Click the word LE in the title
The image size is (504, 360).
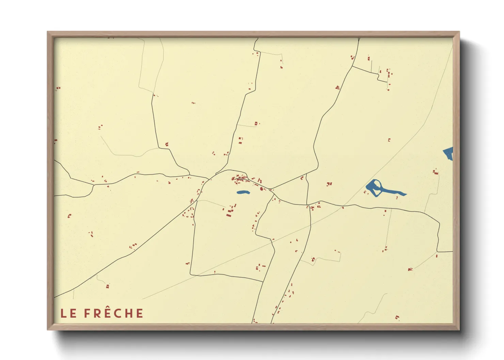(68, 313)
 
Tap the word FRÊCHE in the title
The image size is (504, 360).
(114, 313)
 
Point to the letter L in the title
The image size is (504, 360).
(63, 313)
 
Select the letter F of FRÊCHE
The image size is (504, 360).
(87, 313)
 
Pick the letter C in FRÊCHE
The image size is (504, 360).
(119, 313)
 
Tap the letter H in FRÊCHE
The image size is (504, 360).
(129, 313)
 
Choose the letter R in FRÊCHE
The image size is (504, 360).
(97, 313)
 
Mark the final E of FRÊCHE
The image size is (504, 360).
(140, 313)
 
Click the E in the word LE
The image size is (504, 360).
(73, 313)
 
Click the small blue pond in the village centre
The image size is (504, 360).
(243, 192)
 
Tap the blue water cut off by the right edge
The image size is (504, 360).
(449, 153)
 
